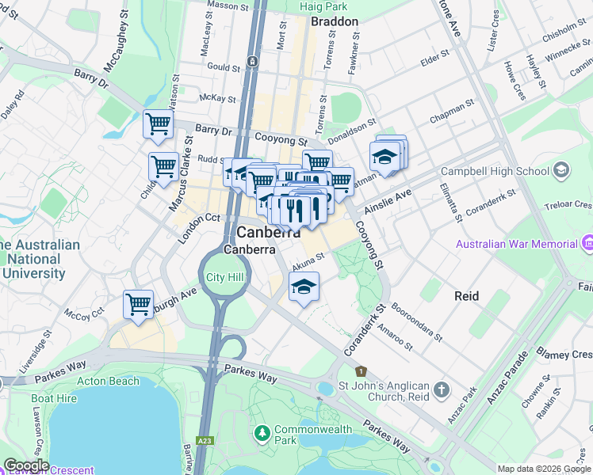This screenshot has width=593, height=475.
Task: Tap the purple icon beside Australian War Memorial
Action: click(x=587, y=241)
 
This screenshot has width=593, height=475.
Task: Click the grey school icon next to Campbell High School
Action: click(x=561, y=171)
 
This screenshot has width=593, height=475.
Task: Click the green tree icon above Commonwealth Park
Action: click(x=262, y=433)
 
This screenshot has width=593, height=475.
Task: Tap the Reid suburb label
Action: click(x=467, y=295)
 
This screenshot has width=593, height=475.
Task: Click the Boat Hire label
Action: click(x=54, y=398)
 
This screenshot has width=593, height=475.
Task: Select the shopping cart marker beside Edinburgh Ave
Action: click(x=139, y=305)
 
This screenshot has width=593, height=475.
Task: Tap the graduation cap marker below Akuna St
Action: click(x=303, y=287)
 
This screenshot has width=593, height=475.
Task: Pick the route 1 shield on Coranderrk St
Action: click(x=361, y=370)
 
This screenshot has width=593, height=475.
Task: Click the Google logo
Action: click(x=25, y=465)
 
